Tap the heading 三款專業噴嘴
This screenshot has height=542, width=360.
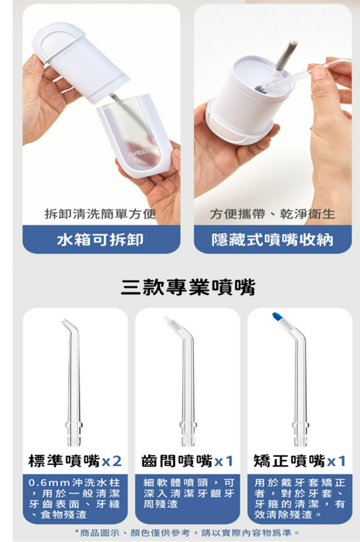188,287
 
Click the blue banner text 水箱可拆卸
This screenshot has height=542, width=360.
100,240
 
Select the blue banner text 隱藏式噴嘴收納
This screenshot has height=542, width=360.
272,240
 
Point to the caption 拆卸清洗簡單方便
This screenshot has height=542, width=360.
100,214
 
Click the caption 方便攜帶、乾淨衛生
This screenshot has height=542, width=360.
272,214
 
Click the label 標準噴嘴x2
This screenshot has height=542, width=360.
75,461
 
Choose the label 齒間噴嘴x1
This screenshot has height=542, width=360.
187,461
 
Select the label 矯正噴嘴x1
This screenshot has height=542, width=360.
299,461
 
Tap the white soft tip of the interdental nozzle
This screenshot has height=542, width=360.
171,321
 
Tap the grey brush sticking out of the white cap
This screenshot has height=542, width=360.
286,56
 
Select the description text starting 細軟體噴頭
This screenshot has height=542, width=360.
189,494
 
